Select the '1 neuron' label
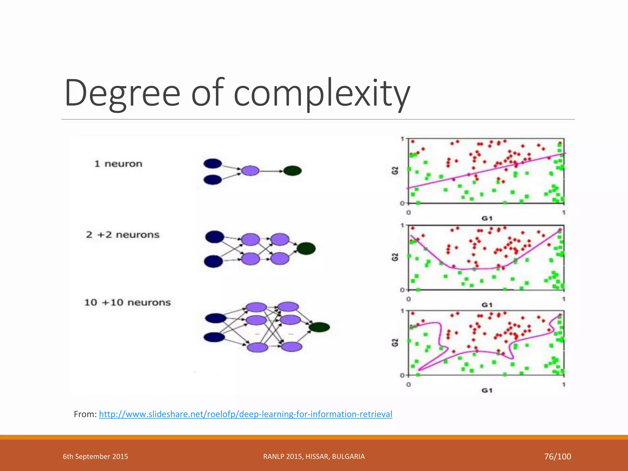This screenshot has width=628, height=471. point(118,164)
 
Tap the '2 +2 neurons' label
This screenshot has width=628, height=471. point(123,235)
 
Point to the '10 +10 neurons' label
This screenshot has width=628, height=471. point(127,303)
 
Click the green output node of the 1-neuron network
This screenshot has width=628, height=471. point(292,171)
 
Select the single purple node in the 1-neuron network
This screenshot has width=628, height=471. point(250,171)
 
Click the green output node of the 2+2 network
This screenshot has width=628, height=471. point(306,248)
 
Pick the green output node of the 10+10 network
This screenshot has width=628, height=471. point(319,327)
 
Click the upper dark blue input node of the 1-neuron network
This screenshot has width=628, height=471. point(213,163)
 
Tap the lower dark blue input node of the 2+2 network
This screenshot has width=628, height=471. point(214,261)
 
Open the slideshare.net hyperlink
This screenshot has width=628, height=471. point(245,414)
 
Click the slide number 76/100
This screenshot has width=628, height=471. point(557,457)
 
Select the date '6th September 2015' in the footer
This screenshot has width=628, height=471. point(95,457)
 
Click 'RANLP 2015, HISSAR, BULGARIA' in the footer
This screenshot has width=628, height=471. point(314,457)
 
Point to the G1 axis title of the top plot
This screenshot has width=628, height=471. point(487,218)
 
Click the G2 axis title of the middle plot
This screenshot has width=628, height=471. point(395,257)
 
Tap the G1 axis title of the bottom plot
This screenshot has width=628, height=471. point(487,390)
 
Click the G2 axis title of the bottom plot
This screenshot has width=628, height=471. point(395,343)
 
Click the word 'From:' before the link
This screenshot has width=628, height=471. point(85,414)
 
